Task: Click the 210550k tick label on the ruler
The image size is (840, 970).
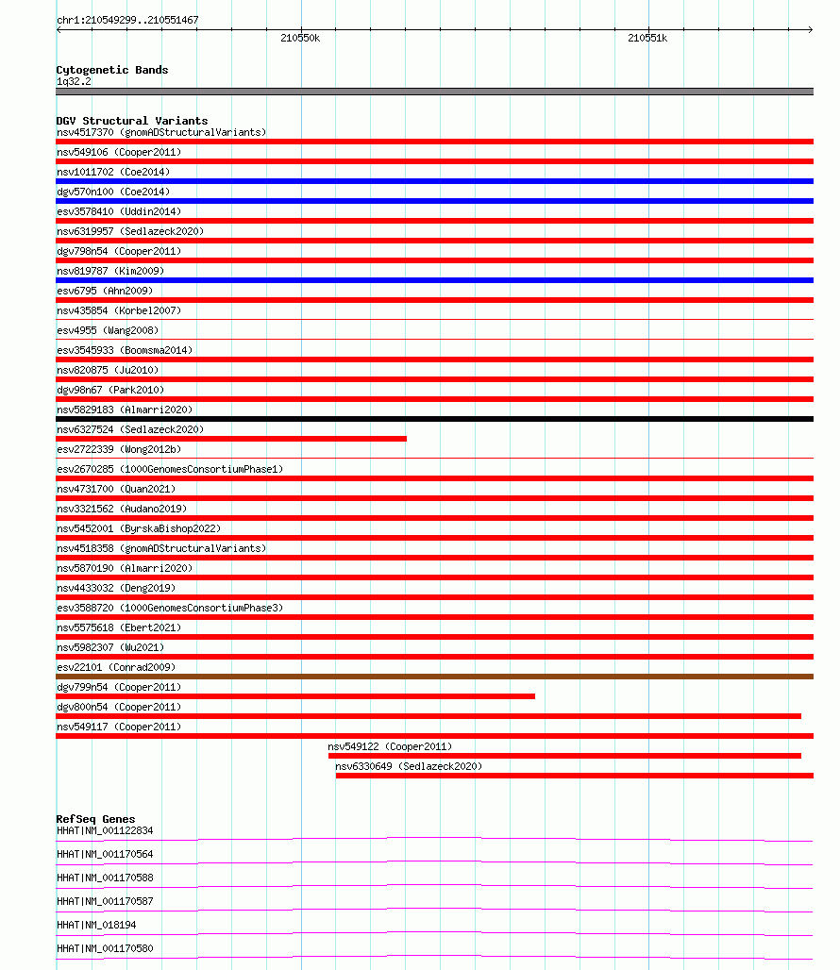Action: click(300, 39)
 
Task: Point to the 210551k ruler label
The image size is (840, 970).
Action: click(647, 39)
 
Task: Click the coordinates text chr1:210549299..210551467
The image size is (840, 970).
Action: click(127, 20)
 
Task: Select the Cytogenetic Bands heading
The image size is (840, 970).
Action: click(111, 70)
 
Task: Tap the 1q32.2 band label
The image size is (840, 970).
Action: click(74, 82)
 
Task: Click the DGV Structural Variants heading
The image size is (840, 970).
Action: click(132, 121)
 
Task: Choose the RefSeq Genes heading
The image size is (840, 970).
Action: click(95, 819)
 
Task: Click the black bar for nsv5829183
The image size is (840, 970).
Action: click(434, 419)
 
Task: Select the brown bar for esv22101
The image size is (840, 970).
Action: click(434, 677)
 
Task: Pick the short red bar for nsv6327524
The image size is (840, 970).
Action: click(231, 439)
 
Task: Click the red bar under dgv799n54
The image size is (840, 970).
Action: click(295, 696)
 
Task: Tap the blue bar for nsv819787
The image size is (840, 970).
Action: click(434, 280)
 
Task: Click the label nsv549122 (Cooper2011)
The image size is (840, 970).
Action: click(390, 746)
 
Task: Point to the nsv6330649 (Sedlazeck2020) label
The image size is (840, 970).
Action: click(408, 766)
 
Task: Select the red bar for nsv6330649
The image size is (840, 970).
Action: click(574, 776)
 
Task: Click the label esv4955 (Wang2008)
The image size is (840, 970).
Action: click(108, 330)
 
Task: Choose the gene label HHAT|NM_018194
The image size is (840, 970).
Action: click(96, 925)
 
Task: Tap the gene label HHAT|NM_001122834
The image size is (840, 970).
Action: click(105, 830)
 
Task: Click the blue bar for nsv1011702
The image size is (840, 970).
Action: click(434, 181)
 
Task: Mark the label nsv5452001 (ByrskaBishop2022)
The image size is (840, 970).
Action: click(139, 528)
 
